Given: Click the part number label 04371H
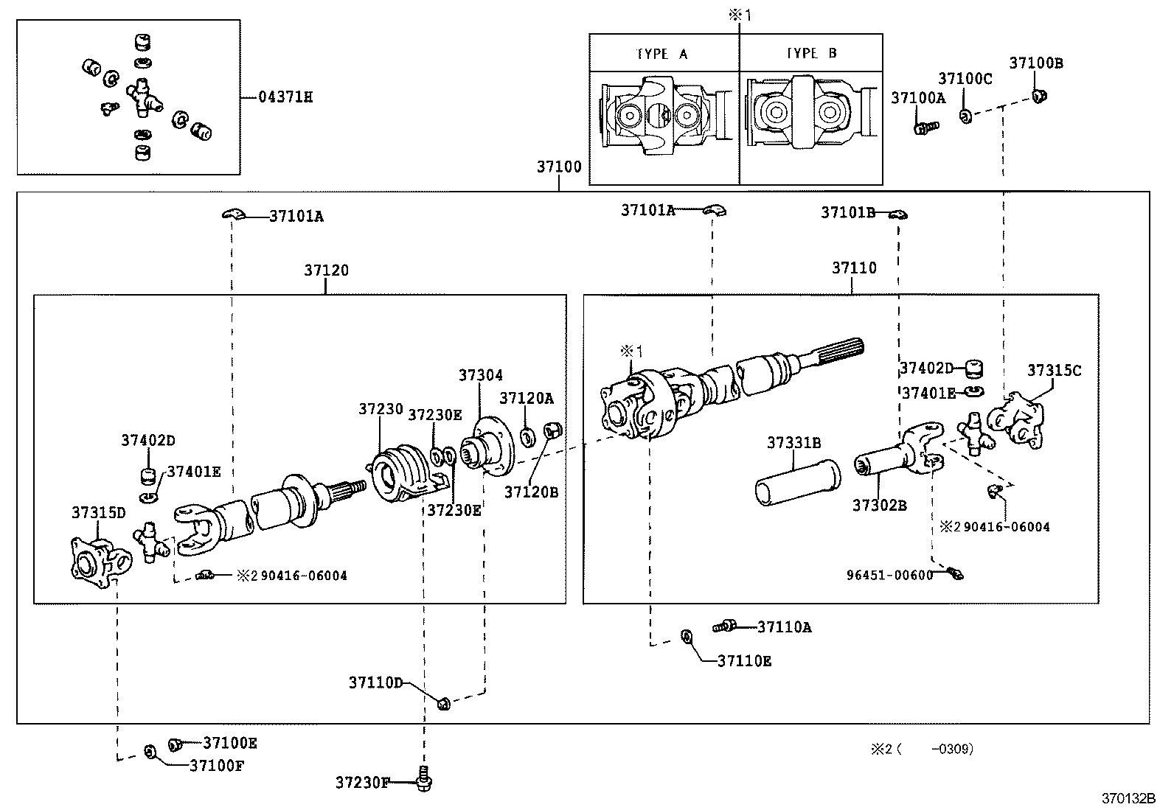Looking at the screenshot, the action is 285,97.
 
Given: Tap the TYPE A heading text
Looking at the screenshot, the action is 661,54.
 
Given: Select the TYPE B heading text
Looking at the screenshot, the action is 811,53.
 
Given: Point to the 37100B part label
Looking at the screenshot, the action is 1036,63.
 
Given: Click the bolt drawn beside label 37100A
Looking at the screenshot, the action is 926,128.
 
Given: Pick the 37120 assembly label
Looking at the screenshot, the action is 326,270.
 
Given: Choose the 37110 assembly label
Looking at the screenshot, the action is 854,268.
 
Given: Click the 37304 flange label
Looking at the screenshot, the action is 481,375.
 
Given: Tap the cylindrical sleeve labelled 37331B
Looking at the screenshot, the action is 798,483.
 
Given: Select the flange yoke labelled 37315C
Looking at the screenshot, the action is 1015,420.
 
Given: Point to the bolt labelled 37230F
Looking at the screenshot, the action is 424,779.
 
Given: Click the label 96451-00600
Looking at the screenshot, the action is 890,576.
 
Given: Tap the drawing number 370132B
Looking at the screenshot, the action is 1128,798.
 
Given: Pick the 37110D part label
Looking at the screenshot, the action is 376,682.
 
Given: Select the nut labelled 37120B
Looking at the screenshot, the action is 553,430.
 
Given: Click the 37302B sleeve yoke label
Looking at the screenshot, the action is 880,506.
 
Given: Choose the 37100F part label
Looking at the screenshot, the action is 217,766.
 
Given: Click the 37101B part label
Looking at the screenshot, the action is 848,213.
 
